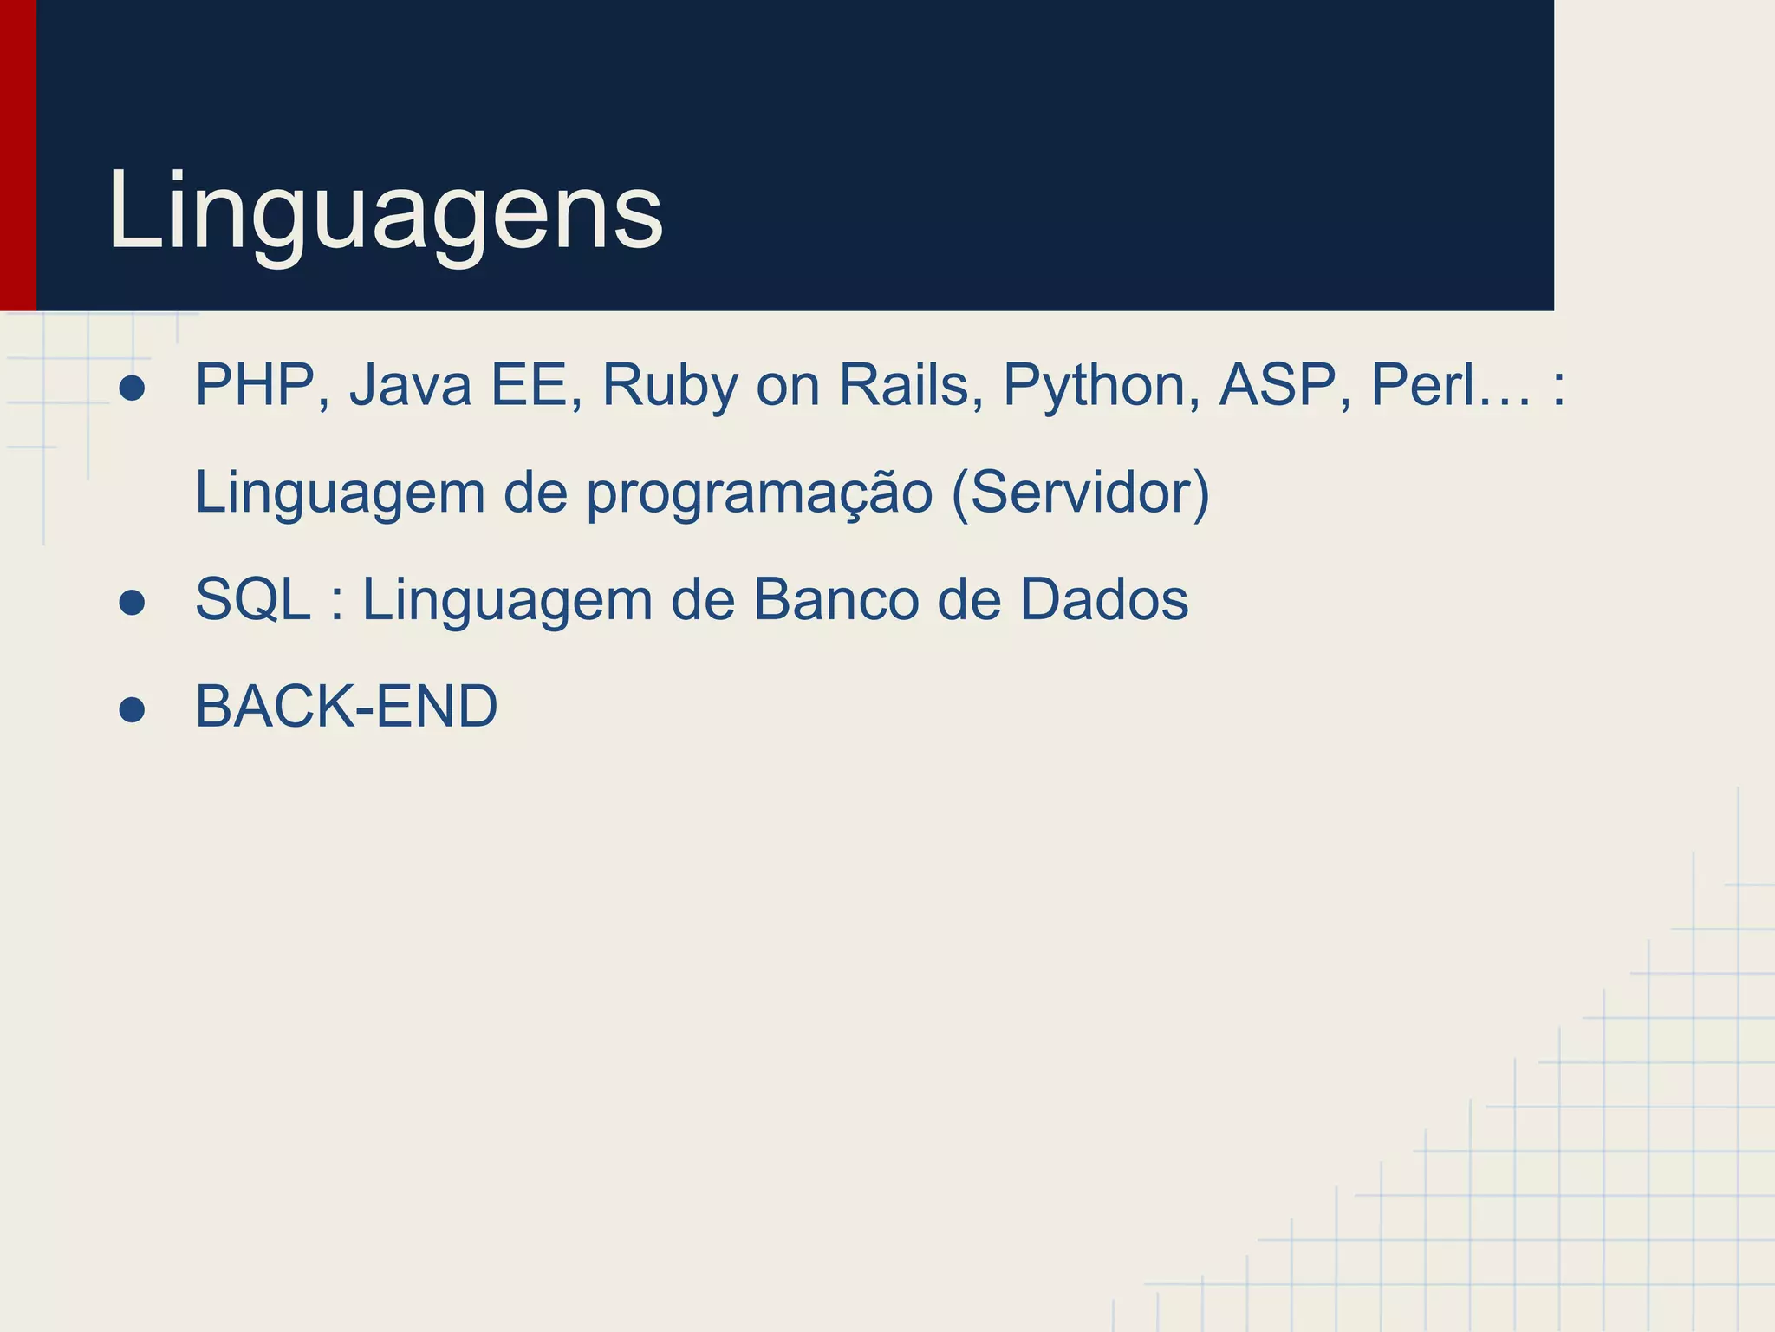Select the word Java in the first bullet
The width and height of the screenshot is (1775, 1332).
[411, 385]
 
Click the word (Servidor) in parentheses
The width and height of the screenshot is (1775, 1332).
[1080, 493]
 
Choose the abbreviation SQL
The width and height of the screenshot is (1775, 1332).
[252, 600]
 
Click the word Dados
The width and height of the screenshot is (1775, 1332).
[1103, 600]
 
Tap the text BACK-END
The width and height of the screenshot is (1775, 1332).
[347, 707]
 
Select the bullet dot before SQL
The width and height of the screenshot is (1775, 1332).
[132, 603]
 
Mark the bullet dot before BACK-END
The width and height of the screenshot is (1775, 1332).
[132, 710]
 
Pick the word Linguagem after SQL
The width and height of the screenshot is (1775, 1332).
[506, 600]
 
